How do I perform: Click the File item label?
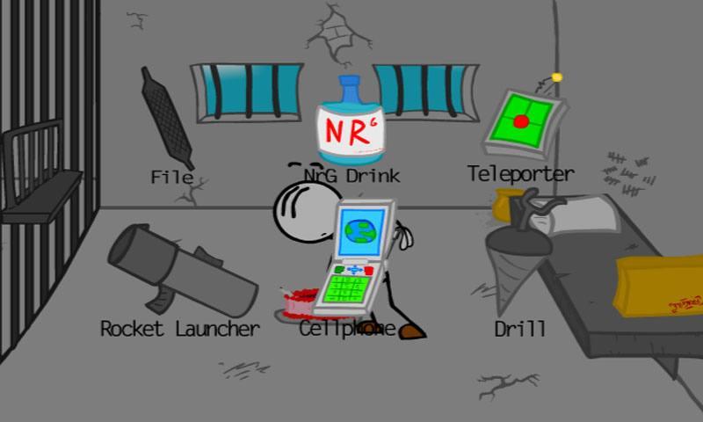(x=172, y=177)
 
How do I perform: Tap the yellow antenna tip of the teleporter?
(x=556, y=77)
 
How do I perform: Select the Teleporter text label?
(x=520, y=174)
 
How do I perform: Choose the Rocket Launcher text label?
(x=180, y=329)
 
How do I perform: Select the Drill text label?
(x=519, y=330)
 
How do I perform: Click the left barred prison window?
(x=247, y=92)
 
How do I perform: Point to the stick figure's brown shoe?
(x=412, y=331)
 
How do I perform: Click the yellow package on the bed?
(x=659, y=283)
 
